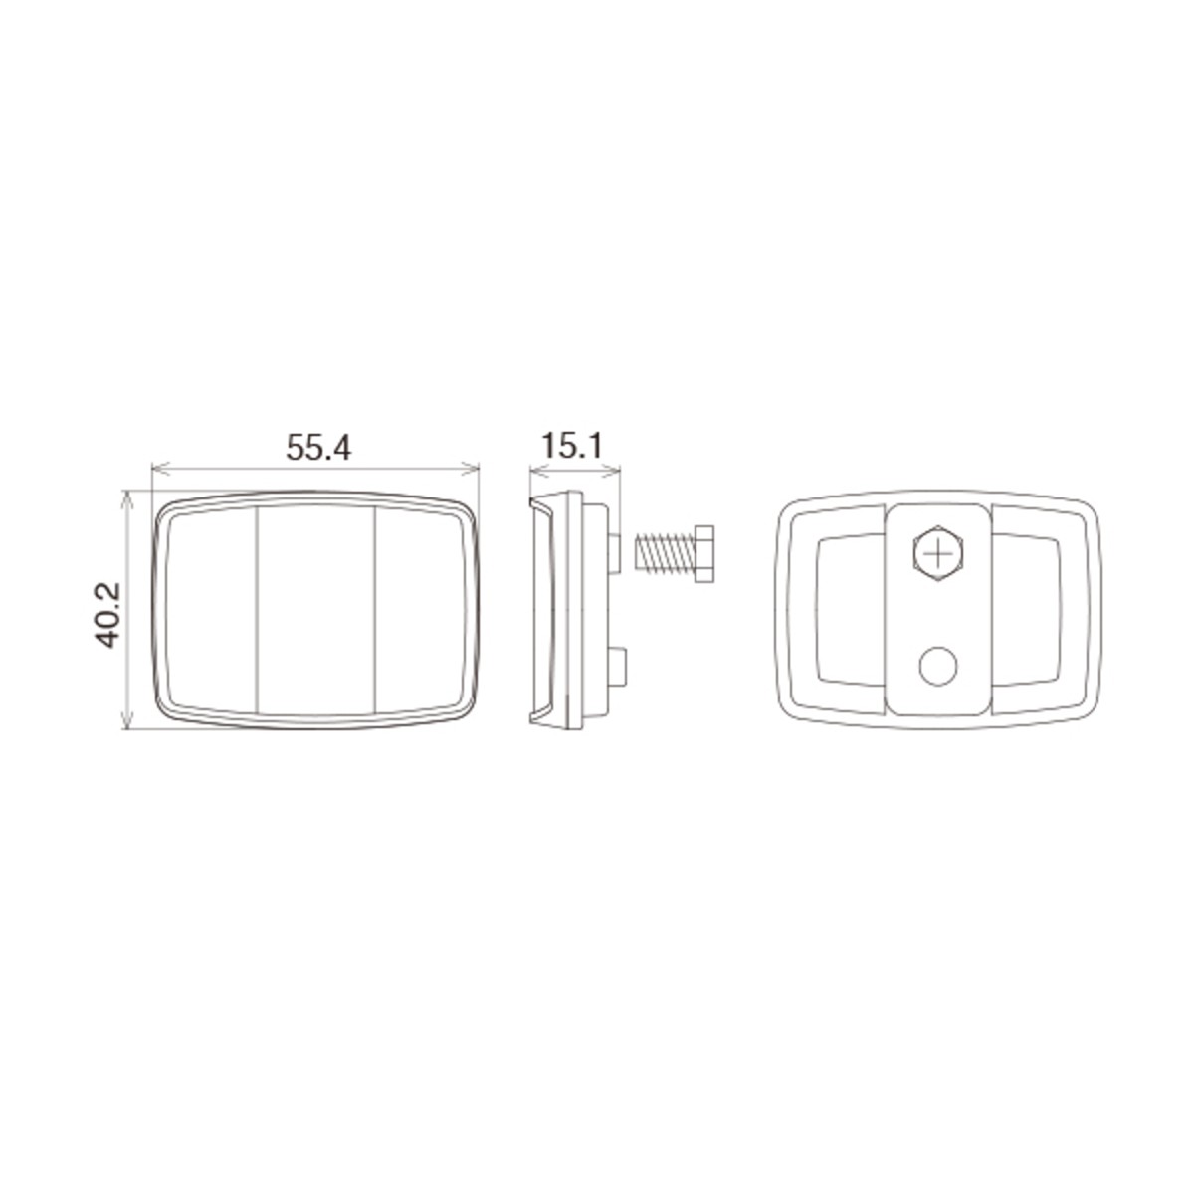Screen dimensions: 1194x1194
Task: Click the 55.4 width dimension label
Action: tap(318, 447)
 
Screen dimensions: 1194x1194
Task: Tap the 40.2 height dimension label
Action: tap(106, 615)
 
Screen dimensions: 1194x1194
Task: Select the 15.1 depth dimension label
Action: tap(572, 446)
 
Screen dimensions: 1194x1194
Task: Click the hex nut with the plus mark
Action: tap(938, 553)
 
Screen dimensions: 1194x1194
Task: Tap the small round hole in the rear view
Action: tap(938, 666)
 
